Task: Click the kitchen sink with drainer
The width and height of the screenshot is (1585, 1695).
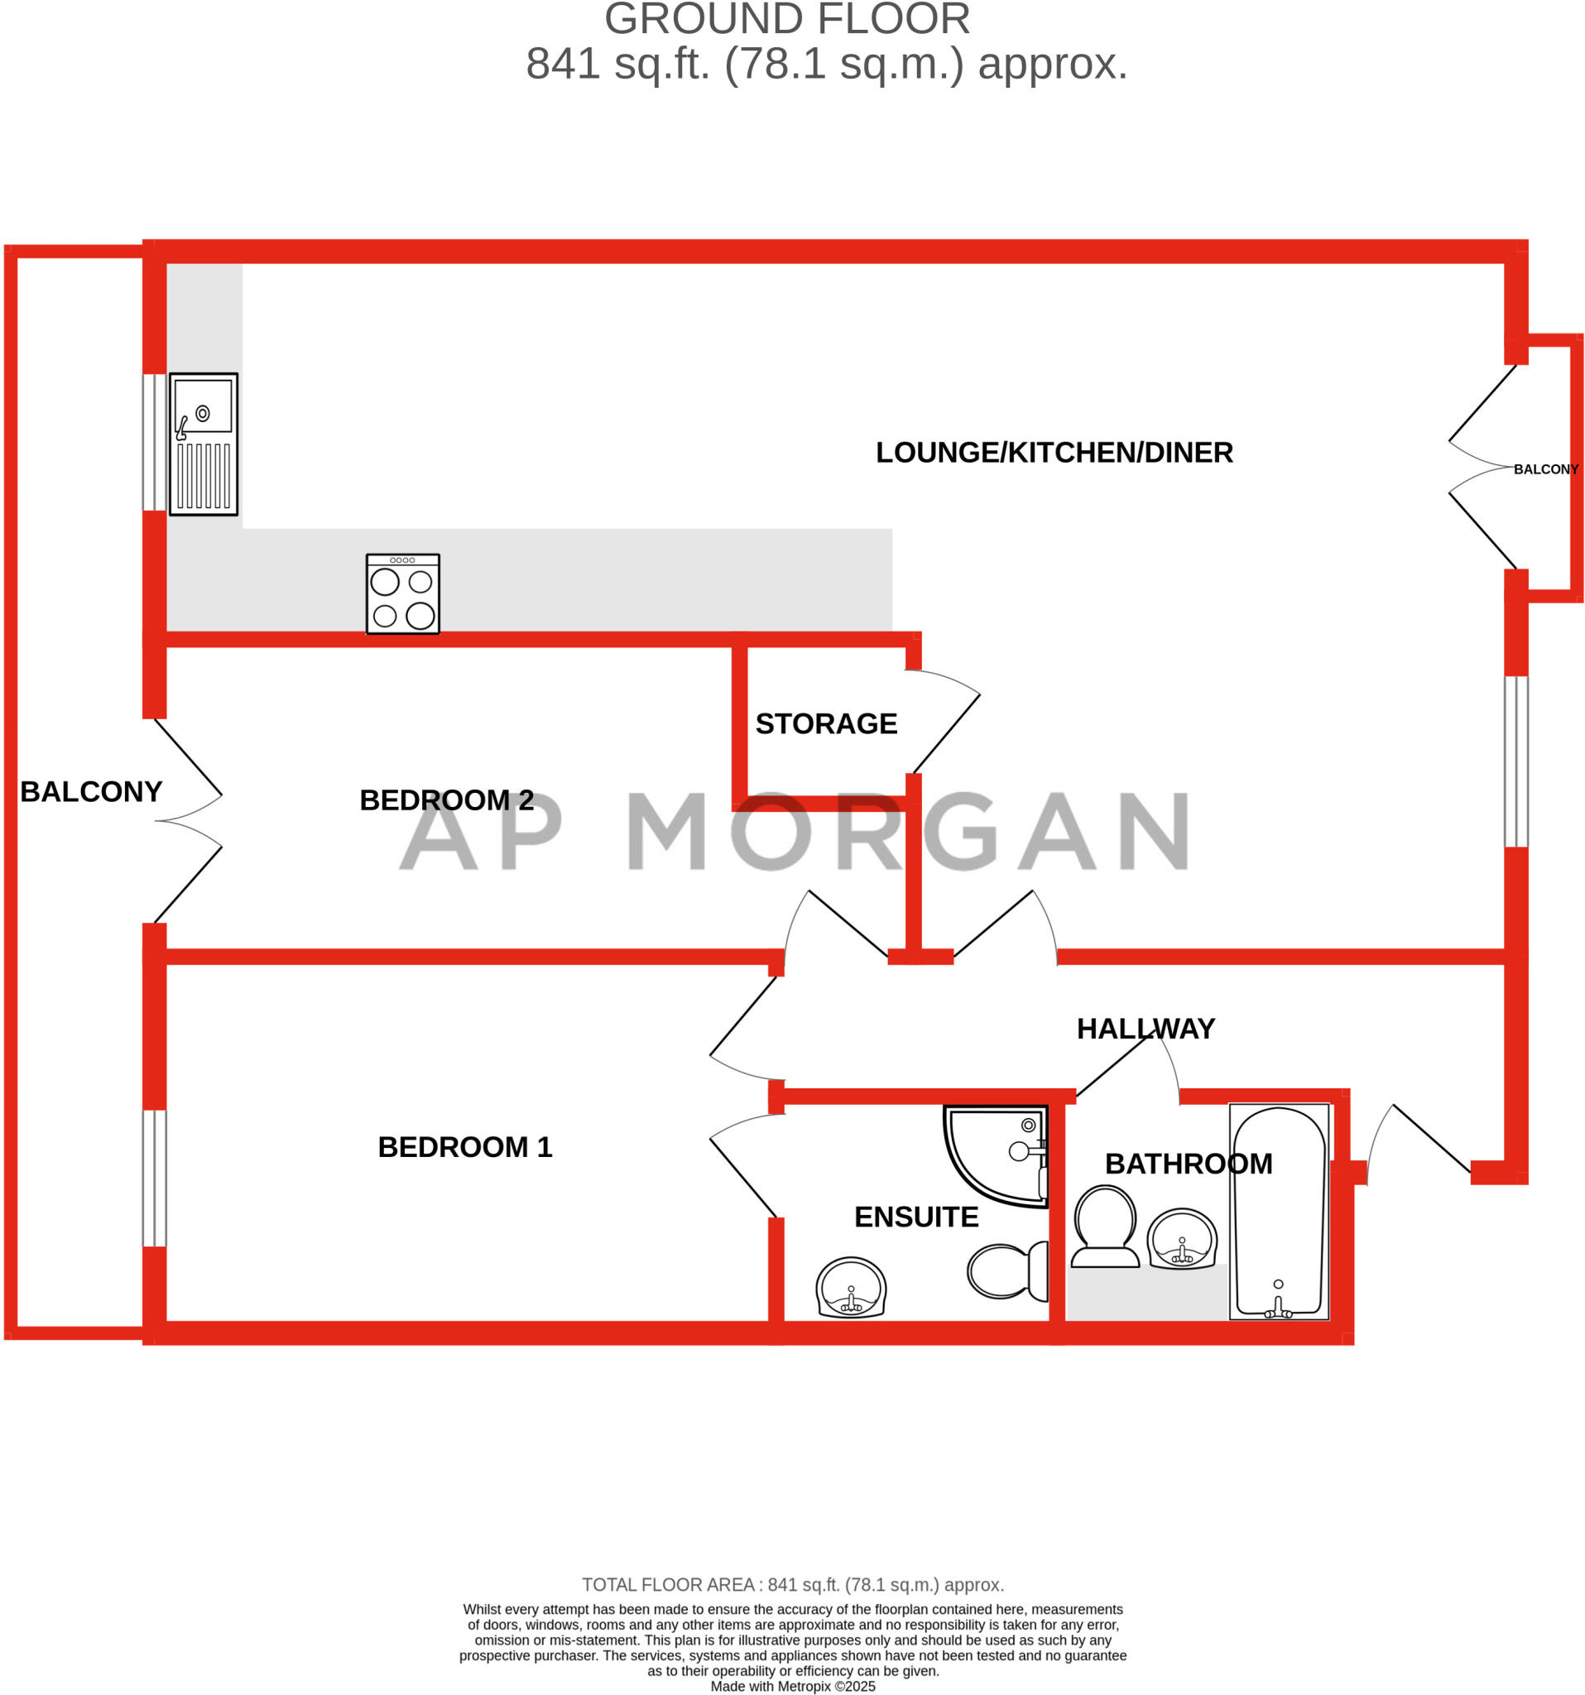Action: click(203, 444)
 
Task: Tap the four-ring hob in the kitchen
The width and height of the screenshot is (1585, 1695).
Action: click(402, 593)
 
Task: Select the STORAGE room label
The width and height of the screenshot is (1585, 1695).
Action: click(825, 724)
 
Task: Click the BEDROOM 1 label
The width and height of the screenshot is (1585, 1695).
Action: click(464, 1147)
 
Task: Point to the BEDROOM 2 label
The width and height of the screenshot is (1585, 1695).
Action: click(446, 799)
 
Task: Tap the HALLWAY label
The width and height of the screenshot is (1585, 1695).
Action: click(1145, 1028)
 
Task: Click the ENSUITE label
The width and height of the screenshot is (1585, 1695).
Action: click(915, 1217)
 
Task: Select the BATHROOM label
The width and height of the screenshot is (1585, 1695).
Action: click(1188, 1164)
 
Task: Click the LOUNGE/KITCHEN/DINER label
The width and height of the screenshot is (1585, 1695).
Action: click(1054, 453)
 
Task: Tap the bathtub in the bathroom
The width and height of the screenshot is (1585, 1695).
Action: click(1278, 1212)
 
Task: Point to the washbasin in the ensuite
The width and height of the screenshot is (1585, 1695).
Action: click(851, 1288)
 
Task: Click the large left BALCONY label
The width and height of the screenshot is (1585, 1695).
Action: click(91, 791)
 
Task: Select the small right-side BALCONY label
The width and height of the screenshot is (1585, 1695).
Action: click(1545, 470)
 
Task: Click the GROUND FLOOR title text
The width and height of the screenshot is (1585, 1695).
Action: click(787, 19)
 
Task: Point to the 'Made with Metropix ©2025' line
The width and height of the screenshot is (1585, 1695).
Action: click(792, 1686)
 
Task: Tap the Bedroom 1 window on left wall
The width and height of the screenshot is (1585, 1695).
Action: click(154, 1178)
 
